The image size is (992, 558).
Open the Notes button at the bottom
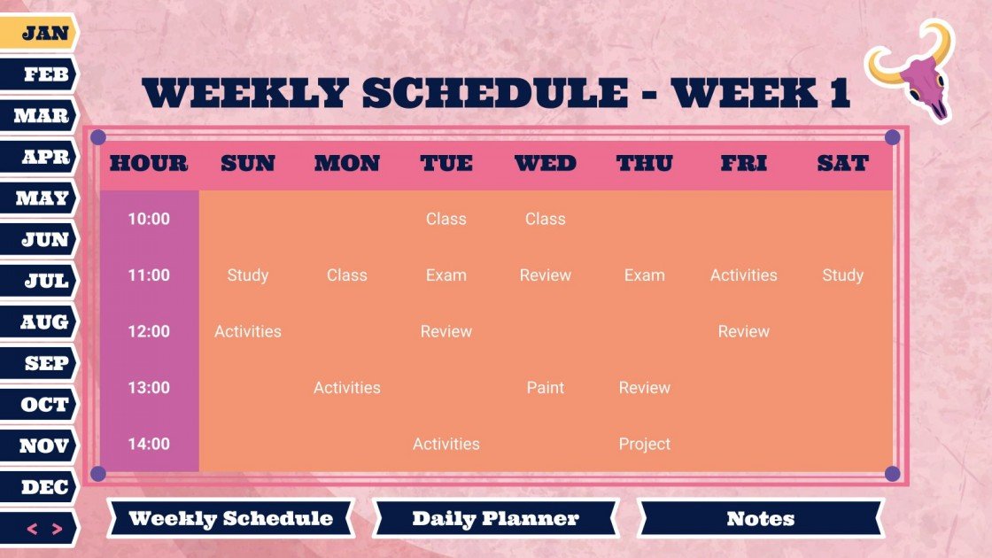[760, 519]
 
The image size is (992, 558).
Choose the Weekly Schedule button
[230, 519]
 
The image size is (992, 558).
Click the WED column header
[545, 164]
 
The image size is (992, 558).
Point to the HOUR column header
[149, 164]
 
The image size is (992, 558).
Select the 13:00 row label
[149, 388]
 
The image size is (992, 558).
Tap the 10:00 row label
[149, 219]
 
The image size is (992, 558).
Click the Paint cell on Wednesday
[545, 388]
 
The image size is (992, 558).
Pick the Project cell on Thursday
[644, 444]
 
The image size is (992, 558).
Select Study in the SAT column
[842, 275]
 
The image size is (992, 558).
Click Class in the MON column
[346, 275]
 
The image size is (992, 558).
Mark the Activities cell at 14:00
[446, 444]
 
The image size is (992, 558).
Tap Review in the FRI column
[743, 331]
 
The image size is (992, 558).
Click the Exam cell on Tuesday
[446, 275]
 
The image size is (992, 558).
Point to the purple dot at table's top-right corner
[892, 137]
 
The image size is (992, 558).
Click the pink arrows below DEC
[44, 530]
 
